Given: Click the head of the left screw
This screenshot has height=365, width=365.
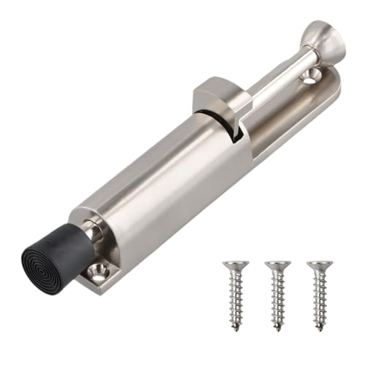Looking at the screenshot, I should click(235, 264).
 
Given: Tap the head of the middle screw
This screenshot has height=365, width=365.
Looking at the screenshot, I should click(277, 264).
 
